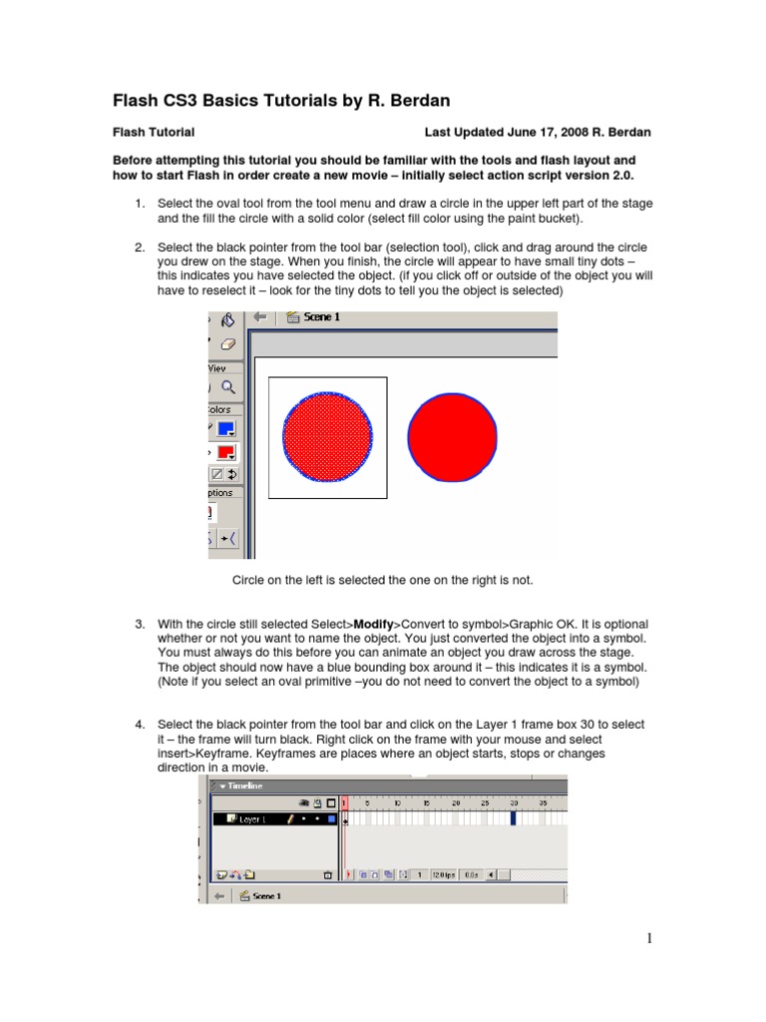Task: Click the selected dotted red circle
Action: [327, 437]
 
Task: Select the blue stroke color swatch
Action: [226, 429]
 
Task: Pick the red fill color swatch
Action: [226, 452]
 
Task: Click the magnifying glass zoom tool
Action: [228, 387]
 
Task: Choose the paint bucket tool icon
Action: [227, 319]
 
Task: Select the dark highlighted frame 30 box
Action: [514, 819]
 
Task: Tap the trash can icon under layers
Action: [327, 874]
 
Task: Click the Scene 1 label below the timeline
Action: [266, 896]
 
